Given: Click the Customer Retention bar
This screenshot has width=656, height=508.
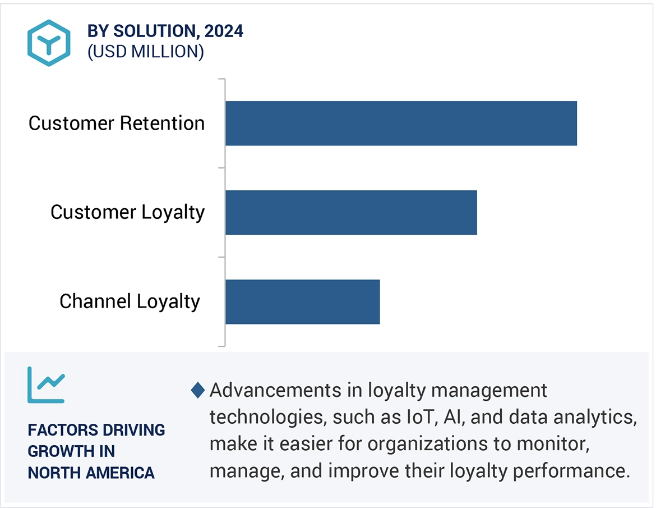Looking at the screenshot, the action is point(401,123).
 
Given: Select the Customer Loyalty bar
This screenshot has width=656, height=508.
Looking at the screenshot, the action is point(351,212).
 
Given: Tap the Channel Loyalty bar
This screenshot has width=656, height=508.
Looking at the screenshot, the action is point(302,301).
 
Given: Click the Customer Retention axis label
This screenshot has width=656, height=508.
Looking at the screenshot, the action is point(117,123).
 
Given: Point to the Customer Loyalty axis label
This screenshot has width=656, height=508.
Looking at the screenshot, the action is point(128,212).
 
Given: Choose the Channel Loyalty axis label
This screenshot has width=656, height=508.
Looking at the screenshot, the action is point(130,301).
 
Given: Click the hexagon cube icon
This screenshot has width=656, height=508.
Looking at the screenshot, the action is point(49,43).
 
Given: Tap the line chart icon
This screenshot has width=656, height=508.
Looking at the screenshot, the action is point(46,385).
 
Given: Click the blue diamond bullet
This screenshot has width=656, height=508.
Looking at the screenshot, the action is point(198,390).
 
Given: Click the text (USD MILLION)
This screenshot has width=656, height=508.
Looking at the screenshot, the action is point(146,52).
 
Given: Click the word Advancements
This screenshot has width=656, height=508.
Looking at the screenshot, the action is point(276,390).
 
